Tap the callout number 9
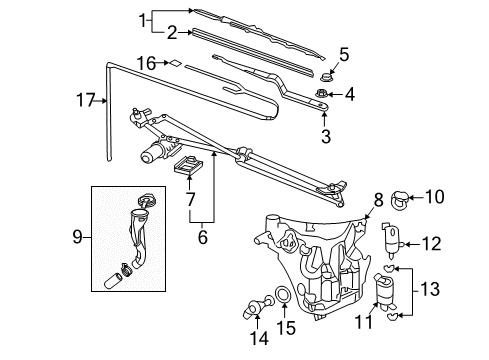pos(76,238)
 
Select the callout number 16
pos(146,63)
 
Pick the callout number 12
pos(432,242)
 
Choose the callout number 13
pos(433,289)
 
